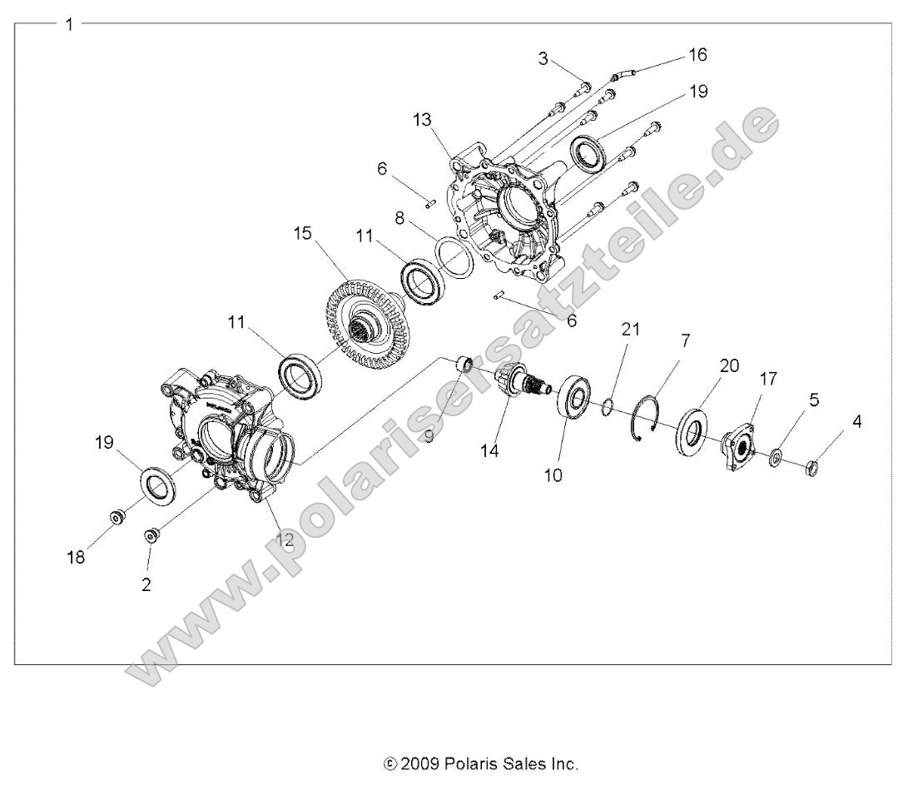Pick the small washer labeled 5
pos(776,456)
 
